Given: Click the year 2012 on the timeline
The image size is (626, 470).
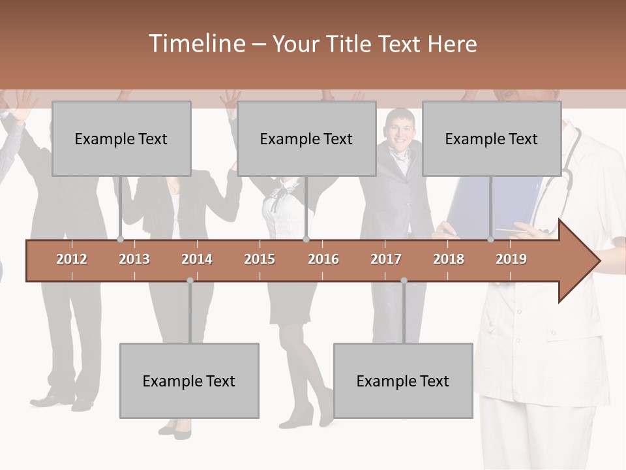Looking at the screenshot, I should [72, 259].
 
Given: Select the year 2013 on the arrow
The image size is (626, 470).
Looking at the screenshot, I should [134, 259].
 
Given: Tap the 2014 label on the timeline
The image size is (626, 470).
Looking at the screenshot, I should [197, 259].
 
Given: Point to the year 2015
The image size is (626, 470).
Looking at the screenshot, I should [260, 259].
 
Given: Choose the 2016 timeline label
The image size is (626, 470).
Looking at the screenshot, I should [323, 259].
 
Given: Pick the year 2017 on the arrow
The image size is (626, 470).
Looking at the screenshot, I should [386, 259].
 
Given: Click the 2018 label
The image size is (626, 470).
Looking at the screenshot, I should [449, 259].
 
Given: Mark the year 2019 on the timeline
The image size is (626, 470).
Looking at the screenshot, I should [511, 259].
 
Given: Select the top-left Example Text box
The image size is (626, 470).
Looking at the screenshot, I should [121, 138].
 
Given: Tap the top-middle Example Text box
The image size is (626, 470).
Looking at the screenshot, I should [306, 138].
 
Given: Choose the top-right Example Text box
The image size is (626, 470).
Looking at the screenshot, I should [492, 138].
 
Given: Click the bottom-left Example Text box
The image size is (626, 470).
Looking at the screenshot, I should [189, 381].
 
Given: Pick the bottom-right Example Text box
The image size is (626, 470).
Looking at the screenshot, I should [403, 381].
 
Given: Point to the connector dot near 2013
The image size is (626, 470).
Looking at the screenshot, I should [120, 240].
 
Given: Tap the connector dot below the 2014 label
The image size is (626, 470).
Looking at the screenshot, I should [190, 281].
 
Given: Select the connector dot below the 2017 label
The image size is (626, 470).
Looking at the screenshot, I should [404, 281].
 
